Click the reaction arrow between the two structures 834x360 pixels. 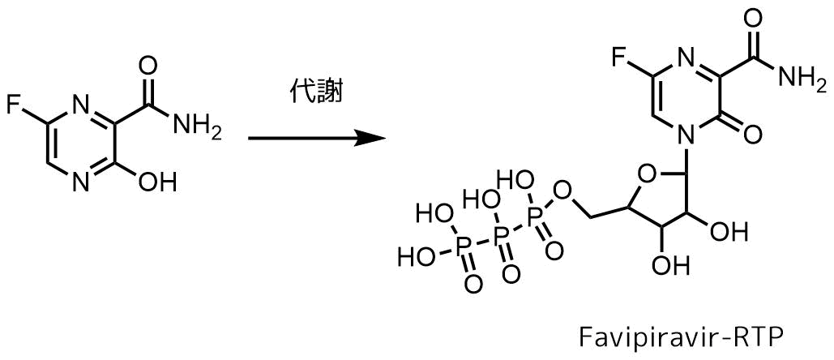(317, 139)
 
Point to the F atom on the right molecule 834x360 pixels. (618, 59)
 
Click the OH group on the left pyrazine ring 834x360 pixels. (157, 182)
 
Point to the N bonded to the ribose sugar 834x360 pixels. (686, 139)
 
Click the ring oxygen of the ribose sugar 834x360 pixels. (644, 174)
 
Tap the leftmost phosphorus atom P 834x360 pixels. (464, 245)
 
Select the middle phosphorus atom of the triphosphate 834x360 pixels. (498, 234)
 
